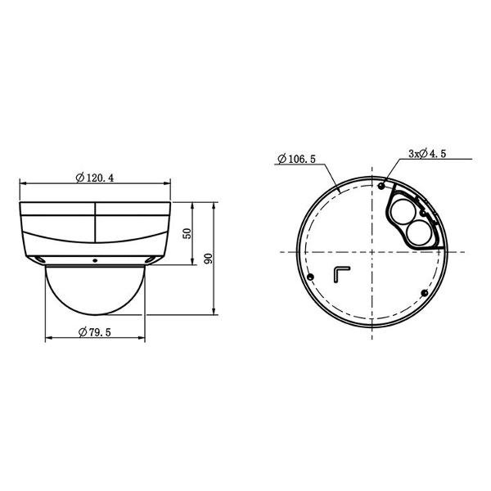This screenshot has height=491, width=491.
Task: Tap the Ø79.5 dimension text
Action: (96, 331)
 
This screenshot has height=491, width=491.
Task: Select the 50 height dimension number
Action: (187, 232)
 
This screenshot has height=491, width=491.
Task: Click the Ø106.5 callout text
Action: (297, 159)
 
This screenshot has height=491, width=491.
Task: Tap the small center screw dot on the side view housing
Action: (95, 261)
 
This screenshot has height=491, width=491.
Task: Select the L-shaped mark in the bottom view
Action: (341, 273)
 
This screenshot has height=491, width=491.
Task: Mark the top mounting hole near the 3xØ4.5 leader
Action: (381, 184)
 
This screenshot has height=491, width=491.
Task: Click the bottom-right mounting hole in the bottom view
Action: (423, 293)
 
